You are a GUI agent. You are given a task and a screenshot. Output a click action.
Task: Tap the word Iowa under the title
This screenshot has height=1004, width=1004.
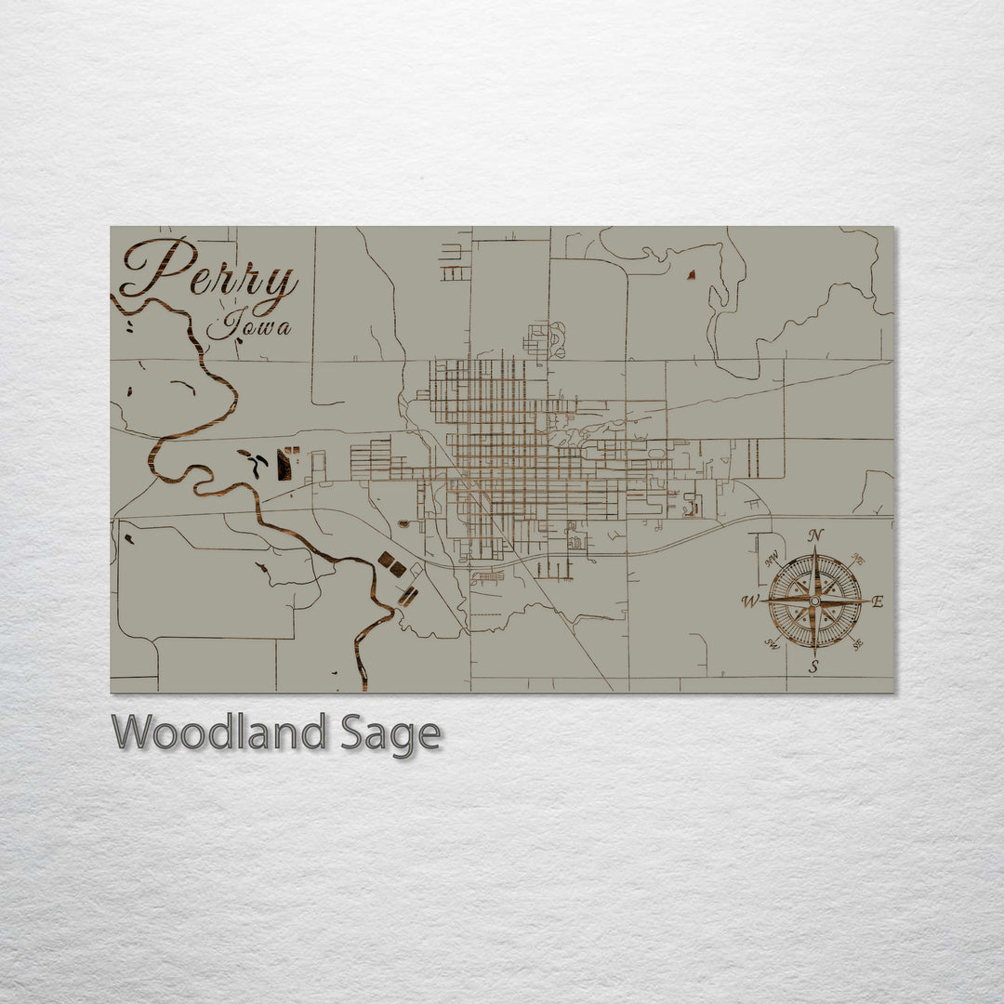click(x=248, y=326)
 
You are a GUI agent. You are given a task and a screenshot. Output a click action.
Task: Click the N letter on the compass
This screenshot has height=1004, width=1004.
click(x=815, y=535)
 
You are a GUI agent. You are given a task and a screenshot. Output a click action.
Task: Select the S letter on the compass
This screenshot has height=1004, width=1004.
click(x=813, y=666)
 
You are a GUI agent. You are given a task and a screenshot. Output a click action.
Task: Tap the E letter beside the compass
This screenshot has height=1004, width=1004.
click(x=878, y=601)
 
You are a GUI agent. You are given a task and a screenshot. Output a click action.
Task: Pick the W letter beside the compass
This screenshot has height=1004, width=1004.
click(x=749, y=601)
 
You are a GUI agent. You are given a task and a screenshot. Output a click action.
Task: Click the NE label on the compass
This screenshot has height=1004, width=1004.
click(x=857, y=560)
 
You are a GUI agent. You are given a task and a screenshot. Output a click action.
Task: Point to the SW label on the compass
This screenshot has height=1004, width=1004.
click(x=772, y=643)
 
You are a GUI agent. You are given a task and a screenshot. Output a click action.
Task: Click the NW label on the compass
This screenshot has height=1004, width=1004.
click(x=772, y=560)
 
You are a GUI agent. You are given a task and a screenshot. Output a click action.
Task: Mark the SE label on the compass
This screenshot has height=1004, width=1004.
click(x=856, y=643)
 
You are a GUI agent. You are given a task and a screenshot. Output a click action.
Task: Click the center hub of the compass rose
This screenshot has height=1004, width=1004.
click(x=814, y=601)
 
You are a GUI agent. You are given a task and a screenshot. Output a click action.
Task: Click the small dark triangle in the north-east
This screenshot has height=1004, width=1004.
click(x=691, y=274)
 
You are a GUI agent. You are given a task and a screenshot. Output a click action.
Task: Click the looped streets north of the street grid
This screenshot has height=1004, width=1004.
click(x=543, y=340)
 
